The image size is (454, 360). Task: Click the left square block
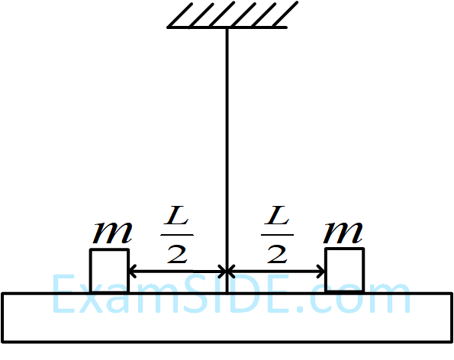(x=109, y=270)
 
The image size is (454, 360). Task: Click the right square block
(x=344, y=270)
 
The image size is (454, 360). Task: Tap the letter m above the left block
(x=111, y=232)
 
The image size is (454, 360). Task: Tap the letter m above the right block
(x=344, y=232)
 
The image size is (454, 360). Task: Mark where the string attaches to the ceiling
(x=227, y=28)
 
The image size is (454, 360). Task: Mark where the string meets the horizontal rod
(x=227, y=291)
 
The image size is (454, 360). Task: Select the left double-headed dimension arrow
(x=177, y=270)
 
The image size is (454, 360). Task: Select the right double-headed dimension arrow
(x=276, y=270)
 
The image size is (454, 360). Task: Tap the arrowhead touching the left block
(x=133, y=270)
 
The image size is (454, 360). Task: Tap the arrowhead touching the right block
(x=321, y=270)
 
